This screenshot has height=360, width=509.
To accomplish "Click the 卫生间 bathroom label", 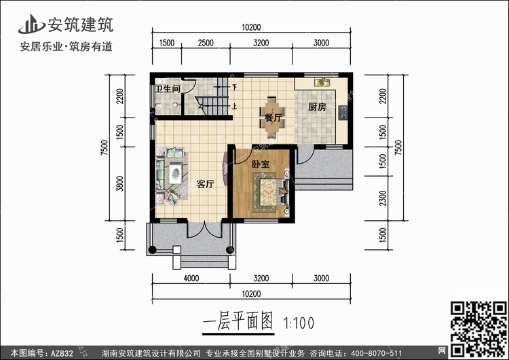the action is point(168,89).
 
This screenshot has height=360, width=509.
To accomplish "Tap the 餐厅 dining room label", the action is point(274,118).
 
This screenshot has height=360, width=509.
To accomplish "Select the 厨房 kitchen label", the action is point(317,107).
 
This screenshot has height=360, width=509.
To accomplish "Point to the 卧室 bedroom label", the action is point(261,164).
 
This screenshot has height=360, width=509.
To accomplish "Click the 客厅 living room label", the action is point(205,184).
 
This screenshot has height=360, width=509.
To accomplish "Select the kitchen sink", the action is point(322,82).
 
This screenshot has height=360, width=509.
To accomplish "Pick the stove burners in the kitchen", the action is point(343,113).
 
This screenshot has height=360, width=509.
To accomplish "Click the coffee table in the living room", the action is point(175,174).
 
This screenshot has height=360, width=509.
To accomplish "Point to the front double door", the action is point(204,230).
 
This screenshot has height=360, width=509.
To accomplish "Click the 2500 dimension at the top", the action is point(206,43).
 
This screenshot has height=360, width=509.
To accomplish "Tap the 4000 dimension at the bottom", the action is point(191,278).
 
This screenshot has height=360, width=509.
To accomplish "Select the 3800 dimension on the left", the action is point(119,183).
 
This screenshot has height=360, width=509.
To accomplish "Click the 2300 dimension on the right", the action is point(383,198).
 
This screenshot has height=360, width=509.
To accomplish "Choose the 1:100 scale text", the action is point(299,323).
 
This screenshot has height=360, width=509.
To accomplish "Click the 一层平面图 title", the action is point(238,321).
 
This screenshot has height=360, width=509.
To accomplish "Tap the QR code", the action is point(478,329).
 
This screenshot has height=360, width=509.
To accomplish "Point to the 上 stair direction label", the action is point(234,106).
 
